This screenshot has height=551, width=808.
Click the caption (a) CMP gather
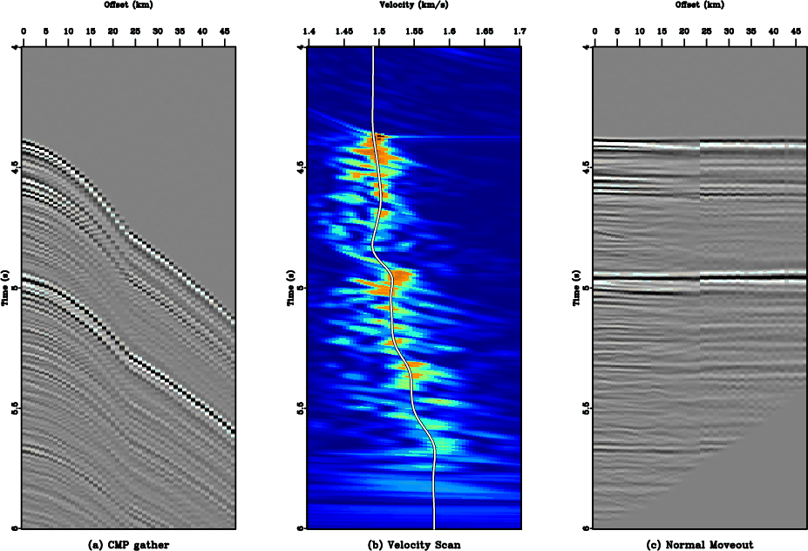point(128,545)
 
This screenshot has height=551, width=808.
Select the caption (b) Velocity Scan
point(415,545)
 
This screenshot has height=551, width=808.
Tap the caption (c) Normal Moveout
point(701,545)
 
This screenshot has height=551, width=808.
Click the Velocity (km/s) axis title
point(415,4)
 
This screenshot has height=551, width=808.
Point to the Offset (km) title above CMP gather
point(128,4)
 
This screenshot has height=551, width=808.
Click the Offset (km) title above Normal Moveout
point(701,4)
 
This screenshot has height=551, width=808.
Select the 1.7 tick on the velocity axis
point(520,32)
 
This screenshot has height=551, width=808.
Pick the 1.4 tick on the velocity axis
point(309,32)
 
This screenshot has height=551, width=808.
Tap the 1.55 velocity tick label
point(414,32)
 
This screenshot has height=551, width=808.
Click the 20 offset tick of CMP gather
point(112,32)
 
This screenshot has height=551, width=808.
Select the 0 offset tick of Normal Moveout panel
point(594,32)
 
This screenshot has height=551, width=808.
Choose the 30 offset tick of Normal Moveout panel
point(729,32)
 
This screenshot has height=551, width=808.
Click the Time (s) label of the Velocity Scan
point(289,288)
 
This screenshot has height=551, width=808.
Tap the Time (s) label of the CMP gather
point(4,288)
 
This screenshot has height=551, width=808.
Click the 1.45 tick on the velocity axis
point(344,32)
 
